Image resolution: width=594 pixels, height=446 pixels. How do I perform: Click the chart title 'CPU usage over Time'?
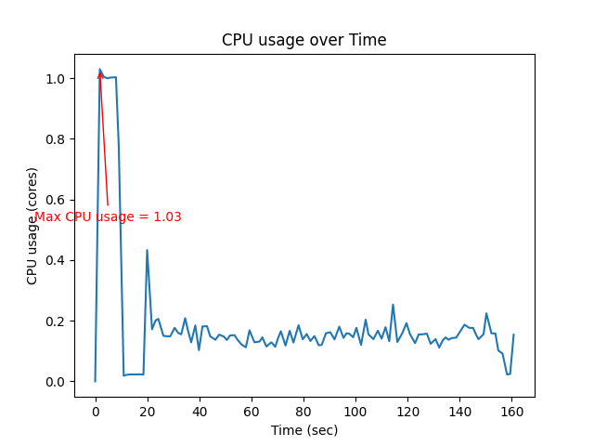303,40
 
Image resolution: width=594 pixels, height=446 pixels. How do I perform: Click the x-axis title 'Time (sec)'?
303,430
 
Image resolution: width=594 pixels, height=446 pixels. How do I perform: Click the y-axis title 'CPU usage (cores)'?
32,226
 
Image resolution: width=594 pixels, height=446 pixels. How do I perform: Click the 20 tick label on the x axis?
147,411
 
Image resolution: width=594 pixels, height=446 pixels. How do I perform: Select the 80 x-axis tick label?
303,411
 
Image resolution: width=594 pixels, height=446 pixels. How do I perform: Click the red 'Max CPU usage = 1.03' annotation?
108,216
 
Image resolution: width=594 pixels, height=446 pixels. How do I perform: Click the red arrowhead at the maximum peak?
100,73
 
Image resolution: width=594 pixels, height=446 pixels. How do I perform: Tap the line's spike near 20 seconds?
147,250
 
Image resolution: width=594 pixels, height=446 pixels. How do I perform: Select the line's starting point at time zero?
95,381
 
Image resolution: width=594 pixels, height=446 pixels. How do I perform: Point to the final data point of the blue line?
513,334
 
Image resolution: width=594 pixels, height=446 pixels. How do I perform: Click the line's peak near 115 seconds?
393,305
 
